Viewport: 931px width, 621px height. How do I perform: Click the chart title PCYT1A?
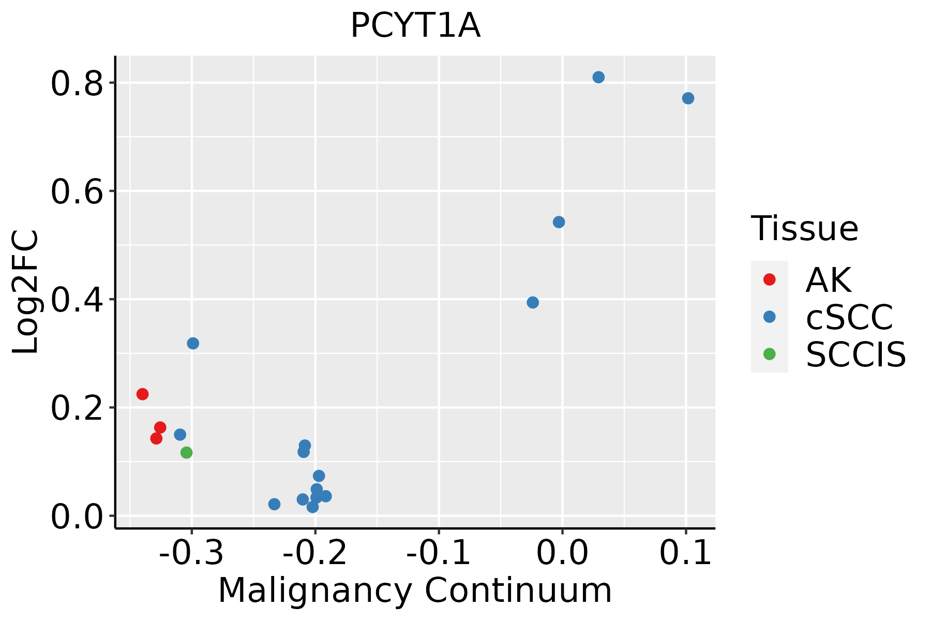tap(415, 26)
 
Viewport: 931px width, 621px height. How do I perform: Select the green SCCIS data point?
tap(186, 452)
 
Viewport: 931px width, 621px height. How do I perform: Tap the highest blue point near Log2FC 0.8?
tap(598, 77)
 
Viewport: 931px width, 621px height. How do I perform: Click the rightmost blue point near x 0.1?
tap(688, 98)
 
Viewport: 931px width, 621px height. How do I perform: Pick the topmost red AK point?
tap(142, 394)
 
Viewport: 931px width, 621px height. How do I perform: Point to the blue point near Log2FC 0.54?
tap(559, 222)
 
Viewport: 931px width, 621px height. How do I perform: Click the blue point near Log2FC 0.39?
tap(533, 302)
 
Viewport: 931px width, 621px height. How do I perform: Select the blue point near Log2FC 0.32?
tap(193, 343)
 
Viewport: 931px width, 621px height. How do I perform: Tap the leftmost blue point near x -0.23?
tap(274, 504)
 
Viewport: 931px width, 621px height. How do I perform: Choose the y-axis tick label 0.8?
tap(76, 84)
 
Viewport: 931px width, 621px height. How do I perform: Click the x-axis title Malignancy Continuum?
tap(415, 590)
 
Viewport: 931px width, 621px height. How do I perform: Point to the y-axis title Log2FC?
tap(26, 292)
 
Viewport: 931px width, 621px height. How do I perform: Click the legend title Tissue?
tap(804, 228)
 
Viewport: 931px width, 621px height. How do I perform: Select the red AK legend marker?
tap(769, 279)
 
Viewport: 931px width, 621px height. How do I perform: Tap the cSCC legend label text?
tap(849, 317)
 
